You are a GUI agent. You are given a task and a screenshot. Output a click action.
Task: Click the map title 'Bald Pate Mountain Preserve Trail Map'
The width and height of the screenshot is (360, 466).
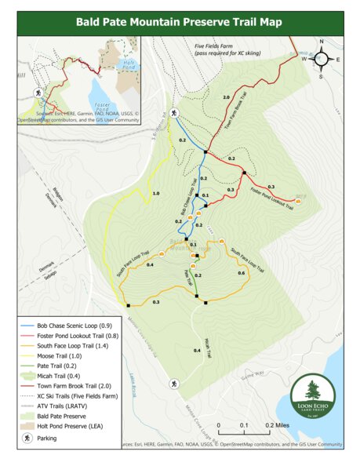(x=179, y=22)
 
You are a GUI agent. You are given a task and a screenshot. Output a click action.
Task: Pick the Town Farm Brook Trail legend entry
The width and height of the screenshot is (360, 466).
(x=73, y=386)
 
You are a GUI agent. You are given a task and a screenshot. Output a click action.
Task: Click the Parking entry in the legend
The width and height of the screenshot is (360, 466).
(x=48, y=438)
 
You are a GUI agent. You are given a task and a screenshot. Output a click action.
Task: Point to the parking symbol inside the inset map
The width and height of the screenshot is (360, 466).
(x=37, y=92)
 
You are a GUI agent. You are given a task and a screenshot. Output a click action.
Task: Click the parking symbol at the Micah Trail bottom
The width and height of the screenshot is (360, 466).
(x=171, y=384)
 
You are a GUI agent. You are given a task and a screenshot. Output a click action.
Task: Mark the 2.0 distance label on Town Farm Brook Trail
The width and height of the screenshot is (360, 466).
(x=226, y=96)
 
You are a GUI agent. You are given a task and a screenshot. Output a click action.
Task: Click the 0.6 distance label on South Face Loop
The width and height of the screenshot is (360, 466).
(x=241, y=273)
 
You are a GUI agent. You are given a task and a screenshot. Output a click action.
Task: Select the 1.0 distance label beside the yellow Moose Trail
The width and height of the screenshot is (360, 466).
(x=156, y=193)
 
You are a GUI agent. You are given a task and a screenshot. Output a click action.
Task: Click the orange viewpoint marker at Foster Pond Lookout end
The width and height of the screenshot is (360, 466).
(x=297, y=202)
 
